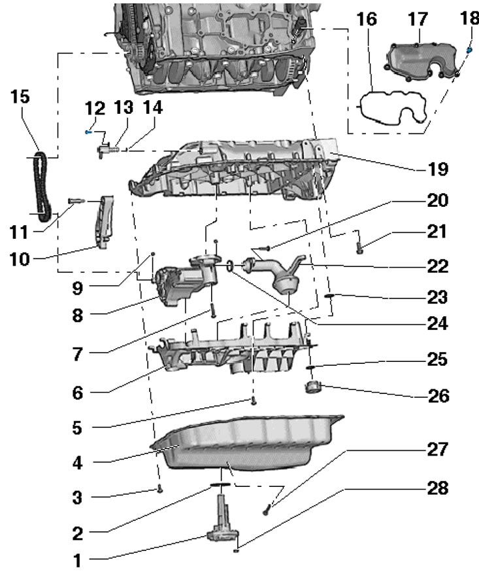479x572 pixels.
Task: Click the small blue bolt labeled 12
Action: (88, 132)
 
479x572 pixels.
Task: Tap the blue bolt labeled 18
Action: (469, 50)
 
